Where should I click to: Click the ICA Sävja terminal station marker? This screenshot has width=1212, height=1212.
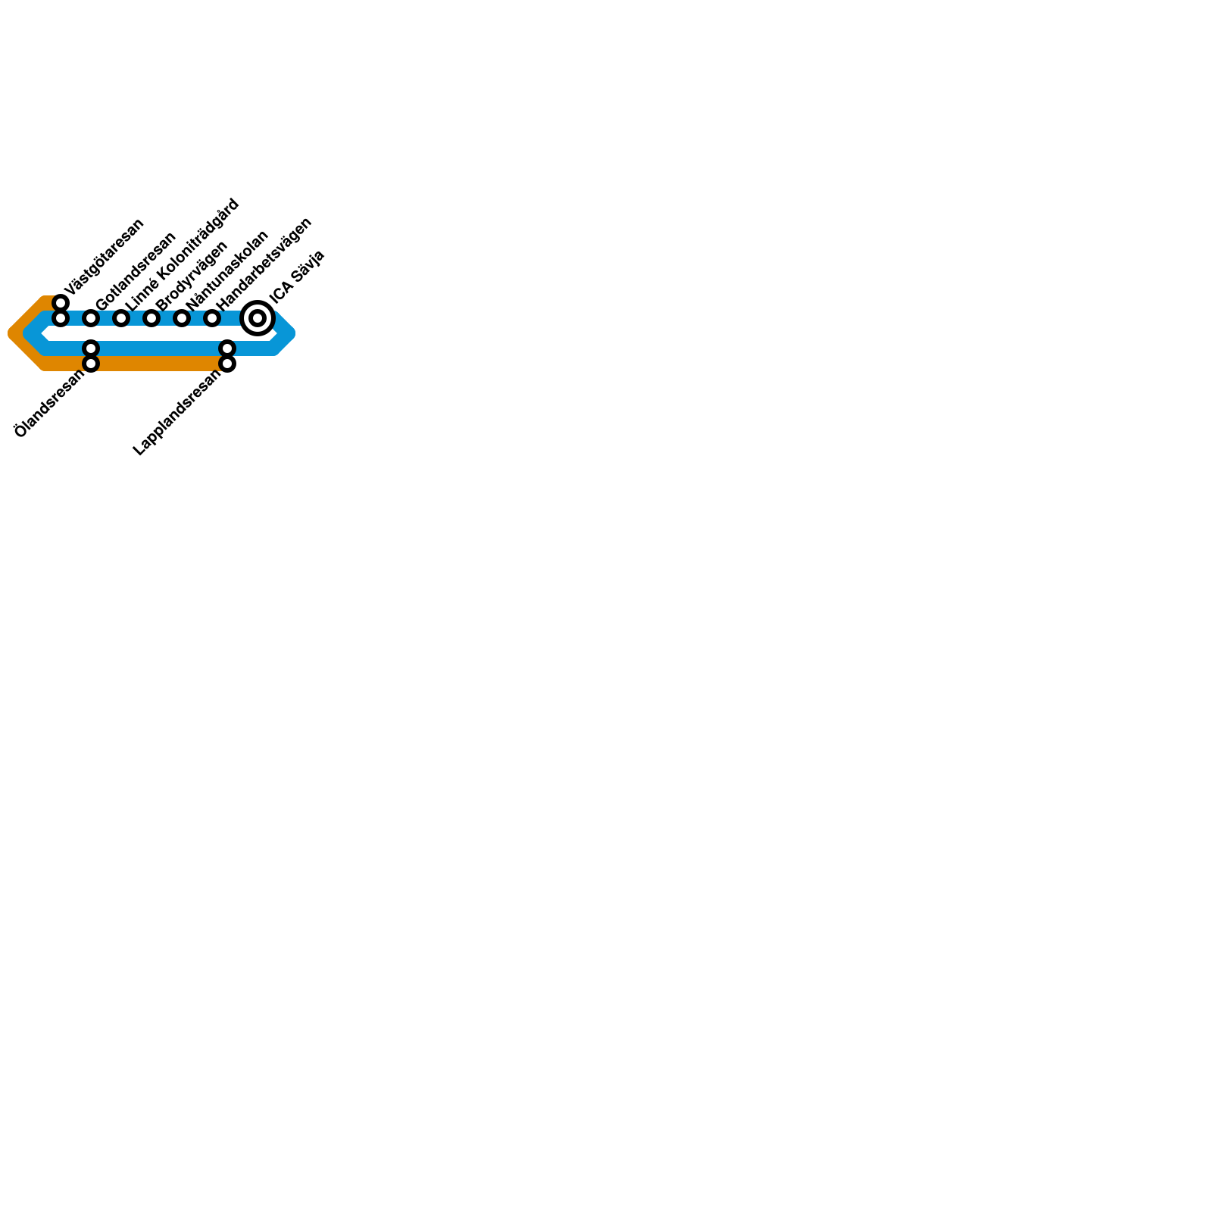258,318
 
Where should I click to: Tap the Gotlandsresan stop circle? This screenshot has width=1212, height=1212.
91,318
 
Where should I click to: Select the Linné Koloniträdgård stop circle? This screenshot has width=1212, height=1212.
121,318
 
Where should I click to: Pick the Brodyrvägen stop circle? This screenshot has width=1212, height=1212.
151,318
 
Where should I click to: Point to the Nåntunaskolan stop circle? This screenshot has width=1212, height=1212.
182,318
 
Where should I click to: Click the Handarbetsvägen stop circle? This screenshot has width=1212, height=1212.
212,318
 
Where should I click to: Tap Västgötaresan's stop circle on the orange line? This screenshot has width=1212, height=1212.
61,303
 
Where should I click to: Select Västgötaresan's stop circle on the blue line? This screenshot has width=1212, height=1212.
61,318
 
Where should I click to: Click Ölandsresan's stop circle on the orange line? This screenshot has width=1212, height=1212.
91,364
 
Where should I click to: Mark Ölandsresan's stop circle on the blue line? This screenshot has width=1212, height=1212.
91,348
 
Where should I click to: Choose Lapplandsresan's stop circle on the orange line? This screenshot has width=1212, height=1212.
227,364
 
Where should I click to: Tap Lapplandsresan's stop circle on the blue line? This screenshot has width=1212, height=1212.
227,348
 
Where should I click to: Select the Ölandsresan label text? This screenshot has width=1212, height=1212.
49,403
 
